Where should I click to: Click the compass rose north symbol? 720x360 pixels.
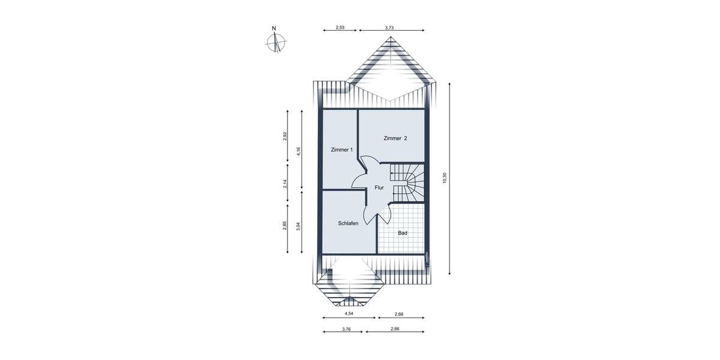click(x=276, y=43)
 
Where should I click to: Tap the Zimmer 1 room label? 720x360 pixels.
click(x=342, y=150)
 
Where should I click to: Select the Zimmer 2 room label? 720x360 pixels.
click(x=395, y=139)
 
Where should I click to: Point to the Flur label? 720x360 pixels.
click(x=379, y=188)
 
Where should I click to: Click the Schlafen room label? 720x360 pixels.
click(x=348, y=223)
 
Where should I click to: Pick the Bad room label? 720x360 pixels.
click(x=403, y=232)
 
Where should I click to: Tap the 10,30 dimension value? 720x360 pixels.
click(x=445, y=178)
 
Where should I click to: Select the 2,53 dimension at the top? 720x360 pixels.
click(x=340, y=28)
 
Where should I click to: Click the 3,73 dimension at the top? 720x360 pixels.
click(x=389, y=28)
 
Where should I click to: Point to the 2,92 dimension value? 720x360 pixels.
click(x=286, y=136)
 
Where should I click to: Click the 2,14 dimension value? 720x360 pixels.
click(x=286, y=184)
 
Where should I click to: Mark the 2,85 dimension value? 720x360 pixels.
click(x=286, y=226)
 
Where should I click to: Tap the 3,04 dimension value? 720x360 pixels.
click(x=298, y=229)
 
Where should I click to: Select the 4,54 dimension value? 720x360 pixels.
click(x=349, y=314)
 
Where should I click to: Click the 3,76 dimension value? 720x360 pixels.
click(x=346, y=329)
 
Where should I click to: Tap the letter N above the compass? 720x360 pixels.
click(x=274, y=28)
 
